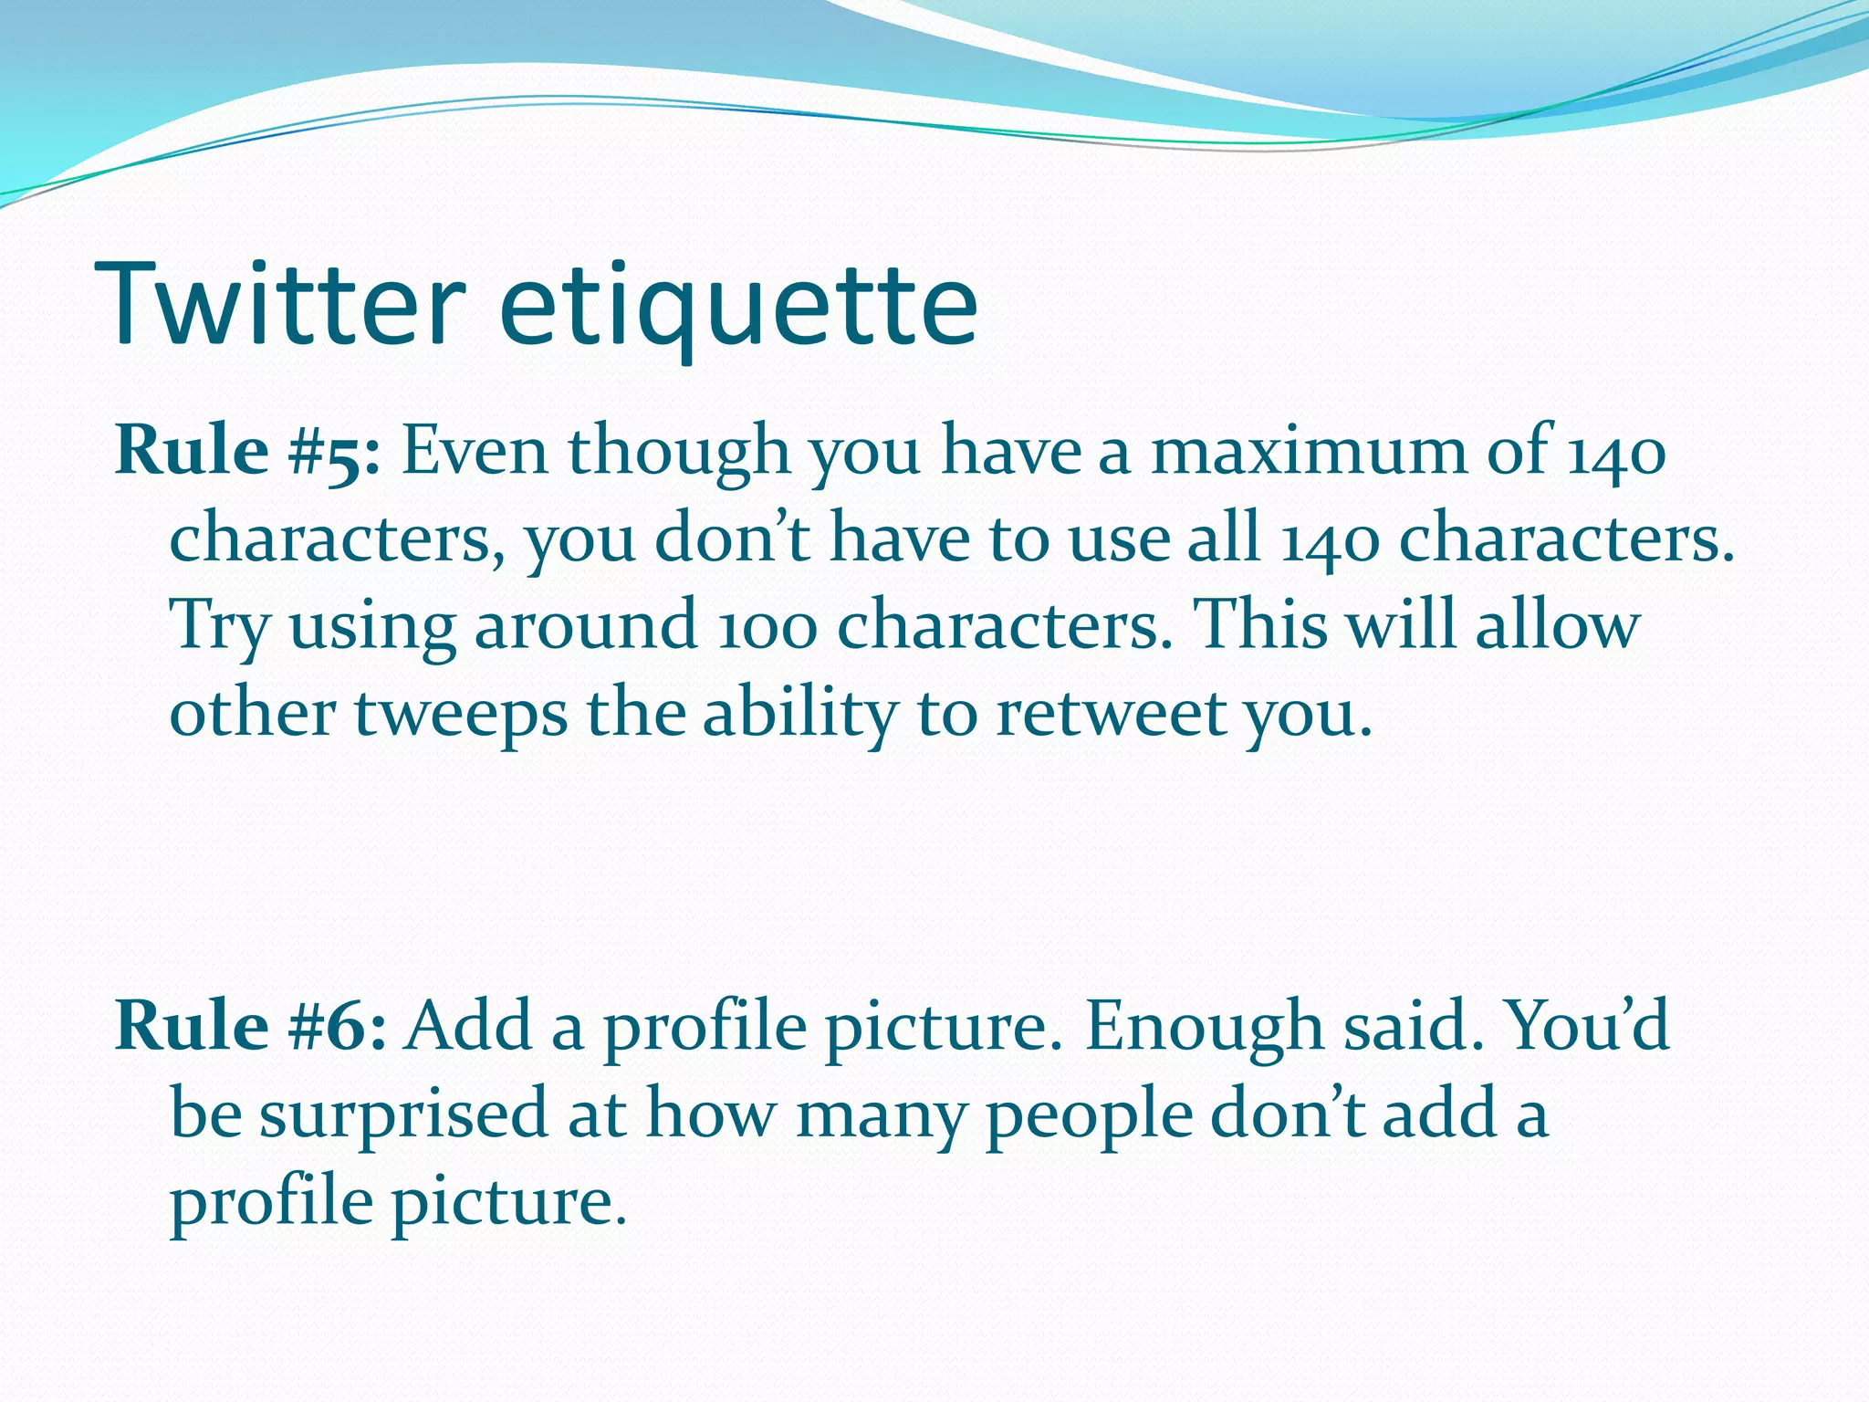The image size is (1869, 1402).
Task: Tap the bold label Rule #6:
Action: [x=251, y=1026]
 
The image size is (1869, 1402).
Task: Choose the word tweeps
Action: [x=461, y=715]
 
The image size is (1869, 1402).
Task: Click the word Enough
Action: [x=1205, y=1028]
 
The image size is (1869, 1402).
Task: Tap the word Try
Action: [x=220, y=628]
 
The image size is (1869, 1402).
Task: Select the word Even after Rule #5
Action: [x=475, y=451]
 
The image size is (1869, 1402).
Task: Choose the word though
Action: [x=680, y=453]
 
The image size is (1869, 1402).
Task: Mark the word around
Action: [x=585, y=628]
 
